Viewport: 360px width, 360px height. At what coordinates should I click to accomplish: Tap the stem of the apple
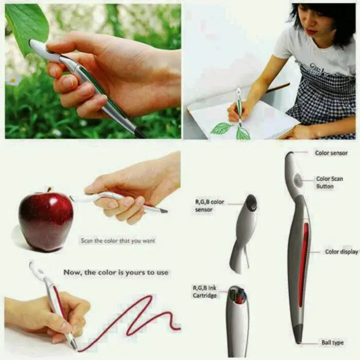pyautogui.click(x=49, y=189)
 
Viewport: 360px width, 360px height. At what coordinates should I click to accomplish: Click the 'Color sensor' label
pyautogui.click(x=331, y=153)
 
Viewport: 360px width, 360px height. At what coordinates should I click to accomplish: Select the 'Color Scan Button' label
pyautogui.click(x=330, y=183)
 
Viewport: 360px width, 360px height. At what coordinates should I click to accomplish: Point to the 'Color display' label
pyautogui.click(x=341, y=252)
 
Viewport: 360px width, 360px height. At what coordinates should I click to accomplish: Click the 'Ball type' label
pyautogui.click(x=332, y=343)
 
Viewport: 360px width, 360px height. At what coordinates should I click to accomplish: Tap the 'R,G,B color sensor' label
pyautogui.click(x=209, y=206)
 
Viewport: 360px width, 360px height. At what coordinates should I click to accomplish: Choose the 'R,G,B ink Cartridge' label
pyautogui.click(x=205, y=292)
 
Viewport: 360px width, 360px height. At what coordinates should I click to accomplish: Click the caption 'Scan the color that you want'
pyautogui.click(x=118, y=241)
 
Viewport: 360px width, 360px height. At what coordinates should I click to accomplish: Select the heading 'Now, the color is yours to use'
pyautogui.click(x=116, y=273)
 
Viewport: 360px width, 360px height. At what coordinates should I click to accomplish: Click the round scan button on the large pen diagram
pyautogui.click(x=298, y=180)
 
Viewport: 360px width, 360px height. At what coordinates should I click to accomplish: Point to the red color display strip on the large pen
pyautogui.click(x=302, y=265)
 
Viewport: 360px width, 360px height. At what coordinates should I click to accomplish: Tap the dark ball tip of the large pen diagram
pyautogui.click(x=298, y=336)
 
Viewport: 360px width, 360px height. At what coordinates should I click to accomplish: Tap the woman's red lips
pyautogui.click(x=312, y=31)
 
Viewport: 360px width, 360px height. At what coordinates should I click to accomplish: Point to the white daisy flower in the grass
pyautogui.click(x=13, y=80)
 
